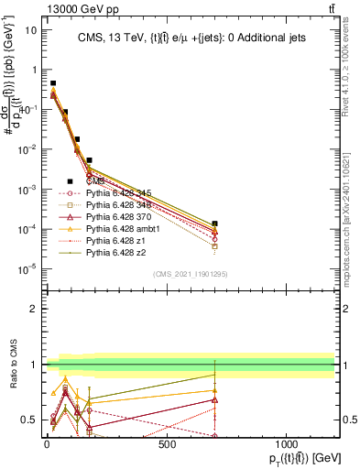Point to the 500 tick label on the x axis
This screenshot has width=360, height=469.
(x=167, y=444)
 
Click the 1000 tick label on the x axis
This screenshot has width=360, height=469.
(x=286, y=444)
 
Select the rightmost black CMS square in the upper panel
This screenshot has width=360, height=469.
(x=215, y=224)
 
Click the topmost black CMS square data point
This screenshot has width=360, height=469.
(x=53, y=83)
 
